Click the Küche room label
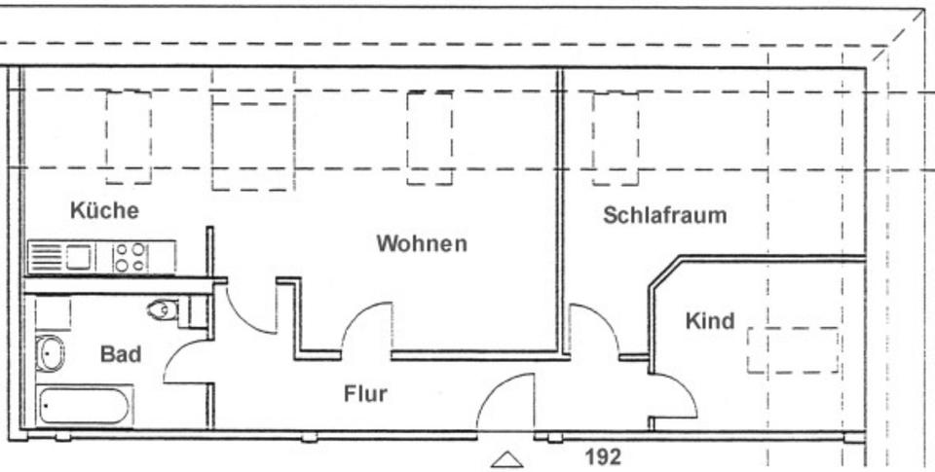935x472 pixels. click(104, 210)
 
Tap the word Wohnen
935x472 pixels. click(422, 243)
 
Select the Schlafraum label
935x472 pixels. click(664, 215)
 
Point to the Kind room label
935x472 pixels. click(710, 321)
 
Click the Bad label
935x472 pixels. click(120, 353)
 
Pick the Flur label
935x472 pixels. click(365, 394)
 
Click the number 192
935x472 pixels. click(603, 456)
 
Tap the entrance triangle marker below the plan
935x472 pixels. click(507, 459)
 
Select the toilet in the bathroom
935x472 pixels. click(165, 310)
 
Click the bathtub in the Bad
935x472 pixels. click(84, 405)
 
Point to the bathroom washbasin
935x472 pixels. click(50, 353)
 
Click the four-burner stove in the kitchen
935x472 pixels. click(131, 258)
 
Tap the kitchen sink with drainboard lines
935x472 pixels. click(60, 258)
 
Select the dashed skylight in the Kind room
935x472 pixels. click(792, 350)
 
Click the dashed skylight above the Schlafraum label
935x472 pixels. click(616, 138)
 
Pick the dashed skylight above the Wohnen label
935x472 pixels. click(430, 138)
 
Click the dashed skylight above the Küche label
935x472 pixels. click(129, 137)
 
